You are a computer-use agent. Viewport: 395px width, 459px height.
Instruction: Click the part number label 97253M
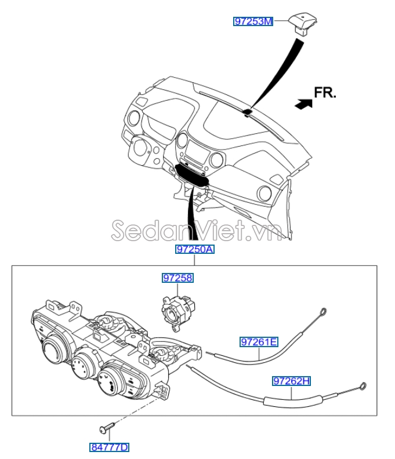[x=253, y=21]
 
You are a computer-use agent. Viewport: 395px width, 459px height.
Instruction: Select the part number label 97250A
[x=195, y=249]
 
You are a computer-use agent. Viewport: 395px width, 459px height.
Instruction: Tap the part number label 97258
[x=178, y=278]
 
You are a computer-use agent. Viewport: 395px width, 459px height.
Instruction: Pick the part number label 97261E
[x=259, y=342]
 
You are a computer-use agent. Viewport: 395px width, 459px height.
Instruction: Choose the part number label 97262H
[x=292, y=381]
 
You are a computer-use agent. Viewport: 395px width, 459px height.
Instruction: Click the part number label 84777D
[x=109, y=447]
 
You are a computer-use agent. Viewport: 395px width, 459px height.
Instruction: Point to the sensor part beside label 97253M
[x=303, y=24]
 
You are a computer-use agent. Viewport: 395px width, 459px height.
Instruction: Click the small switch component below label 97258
[x=178, y=314]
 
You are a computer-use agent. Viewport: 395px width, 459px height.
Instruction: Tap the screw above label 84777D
[x=107, y=427]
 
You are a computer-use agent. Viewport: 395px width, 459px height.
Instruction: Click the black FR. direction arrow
[x=303, y=104]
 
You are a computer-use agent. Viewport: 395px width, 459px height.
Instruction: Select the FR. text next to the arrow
[x=325, y=93]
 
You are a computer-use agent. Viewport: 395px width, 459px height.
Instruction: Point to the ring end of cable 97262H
[x=363, y=387]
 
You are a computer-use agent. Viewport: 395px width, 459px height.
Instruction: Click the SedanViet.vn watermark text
[x=197, y=231]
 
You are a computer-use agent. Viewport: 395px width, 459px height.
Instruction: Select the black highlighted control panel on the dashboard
[x=191, y=175]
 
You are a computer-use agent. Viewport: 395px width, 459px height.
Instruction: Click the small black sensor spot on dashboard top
[x=248, y=111]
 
